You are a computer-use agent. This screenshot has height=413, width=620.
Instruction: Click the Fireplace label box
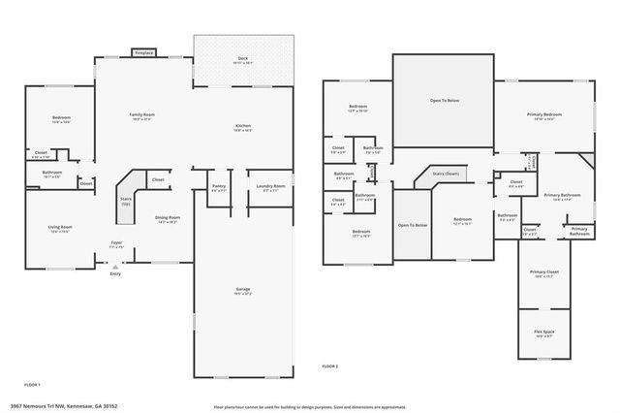click(143, 52)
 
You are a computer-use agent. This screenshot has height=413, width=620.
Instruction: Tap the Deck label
click(244, 60)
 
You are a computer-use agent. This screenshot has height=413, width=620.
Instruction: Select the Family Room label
click(143, 116)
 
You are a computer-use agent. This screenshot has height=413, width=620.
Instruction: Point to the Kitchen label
click(244, 127)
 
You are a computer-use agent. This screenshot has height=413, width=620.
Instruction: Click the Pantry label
click(218, 187)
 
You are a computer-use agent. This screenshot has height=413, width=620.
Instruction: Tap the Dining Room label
click(168, 219)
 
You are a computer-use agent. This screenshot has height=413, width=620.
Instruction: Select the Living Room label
click(61, 229)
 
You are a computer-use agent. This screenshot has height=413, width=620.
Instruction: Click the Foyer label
click(115, 243)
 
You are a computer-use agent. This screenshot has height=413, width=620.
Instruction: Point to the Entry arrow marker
click(115, 266)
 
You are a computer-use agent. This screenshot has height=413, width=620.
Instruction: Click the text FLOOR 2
click(330, 365)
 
